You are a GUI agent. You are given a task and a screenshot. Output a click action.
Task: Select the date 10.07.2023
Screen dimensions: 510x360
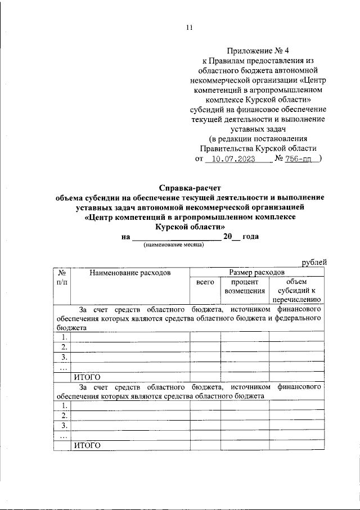click(231, 160)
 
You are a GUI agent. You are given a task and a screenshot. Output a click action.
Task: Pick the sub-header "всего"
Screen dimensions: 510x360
click(205, 282)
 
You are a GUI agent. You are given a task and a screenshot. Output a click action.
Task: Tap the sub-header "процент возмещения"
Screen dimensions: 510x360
click(245, 286)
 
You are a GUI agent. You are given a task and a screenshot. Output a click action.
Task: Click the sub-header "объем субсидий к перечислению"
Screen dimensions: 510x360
click(296, 291)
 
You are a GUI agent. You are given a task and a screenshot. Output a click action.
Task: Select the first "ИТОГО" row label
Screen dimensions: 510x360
click(87, 377)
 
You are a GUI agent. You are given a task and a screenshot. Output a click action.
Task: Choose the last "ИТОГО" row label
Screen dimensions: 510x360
click(87, 446)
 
